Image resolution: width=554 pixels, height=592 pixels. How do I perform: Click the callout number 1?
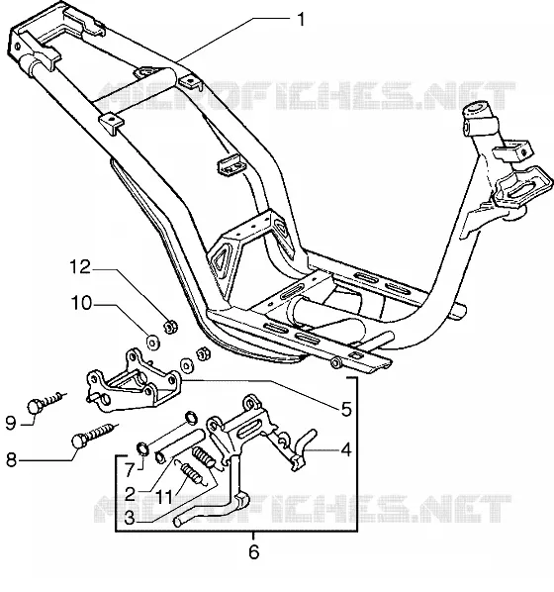301,19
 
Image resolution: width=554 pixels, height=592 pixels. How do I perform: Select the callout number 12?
80,267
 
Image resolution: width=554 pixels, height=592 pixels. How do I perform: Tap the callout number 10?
81,303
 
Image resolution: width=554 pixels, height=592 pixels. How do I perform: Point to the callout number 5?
346,409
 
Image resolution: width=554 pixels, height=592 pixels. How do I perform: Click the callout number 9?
11,424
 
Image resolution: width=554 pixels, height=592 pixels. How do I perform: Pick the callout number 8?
11,460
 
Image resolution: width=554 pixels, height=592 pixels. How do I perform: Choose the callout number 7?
130,470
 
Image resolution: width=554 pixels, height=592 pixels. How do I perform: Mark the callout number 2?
130,494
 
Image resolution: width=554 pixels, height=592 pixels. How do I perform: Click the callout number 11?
164,497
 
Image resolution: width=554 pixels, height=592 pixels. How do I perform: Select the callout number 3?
130,518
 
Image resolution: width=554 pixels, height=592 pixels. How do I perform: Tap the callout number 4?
345,450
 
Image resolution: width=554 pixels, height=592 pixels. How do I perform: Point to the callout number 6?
254,552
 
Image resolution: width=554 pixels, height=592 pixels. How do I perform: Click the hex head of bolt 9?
35,406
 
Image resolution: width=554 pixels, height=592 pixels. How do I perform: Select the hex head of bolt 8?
79,441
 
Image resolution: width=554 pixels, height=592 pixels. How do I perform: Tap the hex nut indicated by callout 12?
170,326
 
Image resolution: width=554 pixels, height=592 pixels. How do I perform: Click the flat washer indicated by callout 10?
152,343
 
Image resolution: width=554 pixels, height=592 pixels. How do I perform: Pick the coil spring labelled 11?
193,473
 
